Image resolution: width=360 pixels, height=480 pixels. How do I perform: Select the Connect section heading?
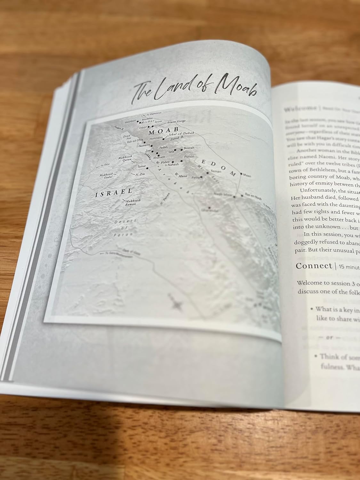[309, 266]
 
